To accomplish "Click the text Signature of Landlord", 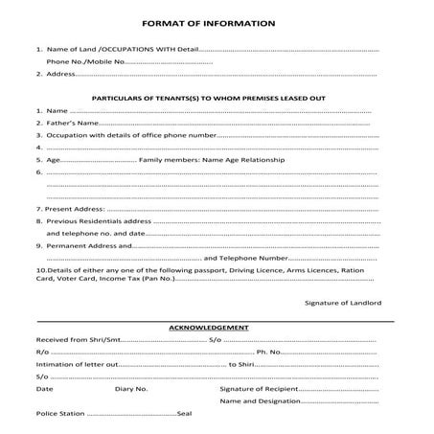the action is pos(342,302).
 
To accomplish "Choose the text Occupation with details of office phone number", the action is pos(128,135).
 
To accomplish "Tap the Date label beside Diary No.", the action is pos(44,389).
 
